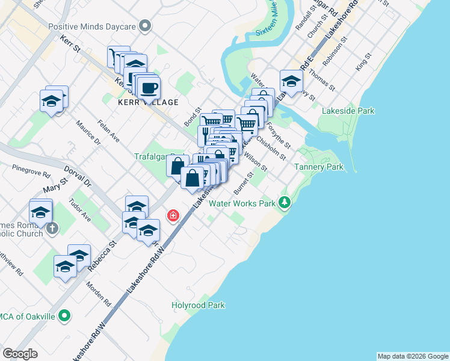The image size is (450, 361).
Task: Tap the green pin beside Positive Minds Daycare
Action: pyautogui.click(x=144, y=26)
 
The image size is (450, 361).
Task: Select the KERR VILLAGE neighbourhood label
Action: pyautogui.click(x=149, y=102)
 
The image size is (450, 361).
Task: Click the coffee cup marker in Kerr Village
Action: pyautogui.click(x=148, y=88)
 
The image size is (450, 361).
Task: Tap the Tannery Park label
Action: pyautogui.click(x=319, y=166)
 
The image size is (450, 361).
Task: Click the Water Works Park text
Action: pyautogui.click(x=241, y=203)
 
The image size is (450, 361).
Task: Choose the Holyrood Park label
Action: pyautogui.click(x=198, y=305)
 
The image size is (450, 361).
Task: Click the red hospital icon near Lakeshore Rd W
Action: pyautogui.click(x=173, y=215)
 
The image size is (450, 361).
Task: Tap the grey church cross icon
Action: pyautogui.click(x=53, y=229)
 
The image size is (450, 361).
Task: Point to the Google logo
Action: pyautogui.click(x=20, y=354)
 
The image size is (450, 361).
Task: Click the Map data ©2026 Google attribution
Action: pyautogui.click(x=413, y=356)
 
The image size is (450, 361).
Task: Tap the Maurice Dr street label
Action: pyautogui.click(x=88, y=133)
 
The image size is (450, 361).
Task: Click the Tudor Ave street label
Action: pyautogui.click(x=79, y=210)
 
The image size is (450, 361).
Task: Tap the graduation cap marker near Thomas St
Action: pyautogui.click(x=291, y=82)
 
